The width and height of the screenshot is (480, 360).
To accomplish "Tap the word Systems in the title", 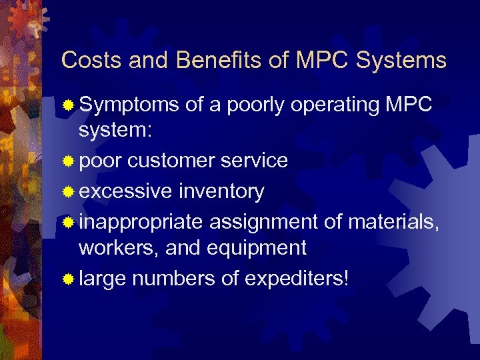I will point(401,61).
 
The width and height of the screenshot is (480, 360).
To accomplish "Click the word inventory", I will point(221,191).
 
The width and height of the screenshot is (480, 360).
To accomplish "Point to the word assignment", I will point(271,222).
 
